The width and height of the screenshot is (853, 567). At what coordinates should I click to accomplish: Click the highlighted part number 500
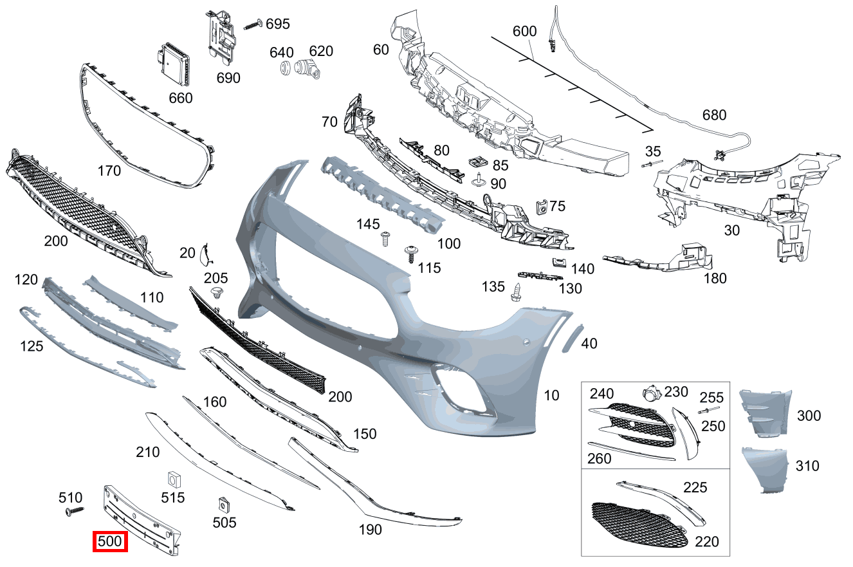[x=110, y=542]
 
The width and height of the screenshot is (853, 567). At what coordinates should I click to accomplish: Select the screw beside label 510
[x=75, y=511]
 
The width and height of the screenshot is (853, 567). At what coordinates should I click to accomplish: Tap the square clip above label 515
[x=172, y=479]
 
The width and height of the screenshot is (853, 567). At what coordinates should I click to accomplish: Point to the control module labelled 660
[x=175, y=65]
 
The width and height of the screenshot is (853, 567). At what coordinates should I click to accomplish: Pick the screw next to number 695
[x=253, y=25]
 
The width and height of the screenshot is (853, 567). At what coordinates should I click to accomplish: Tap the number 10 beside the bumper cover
[x=552, y=395]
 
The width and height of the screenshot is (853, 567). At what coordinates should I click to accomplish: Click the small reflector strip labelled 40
[x=571, y=338]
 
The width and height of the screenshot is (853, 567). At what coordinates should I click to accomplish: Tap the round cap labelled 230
[x=652, y=394]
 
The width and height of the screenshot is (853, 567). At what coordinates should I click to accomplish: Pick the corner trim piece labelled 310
[x=766, y=470]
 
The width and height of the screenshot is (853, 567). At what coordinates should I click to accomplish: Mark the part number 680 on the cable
[x=714, y=115]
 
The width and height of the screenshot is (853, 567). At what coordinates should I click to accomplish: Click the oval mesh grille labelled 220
[x=641, y=524]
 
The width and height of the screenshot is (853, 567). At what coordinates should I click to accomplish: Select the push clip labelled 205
[x=217, y=294]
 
